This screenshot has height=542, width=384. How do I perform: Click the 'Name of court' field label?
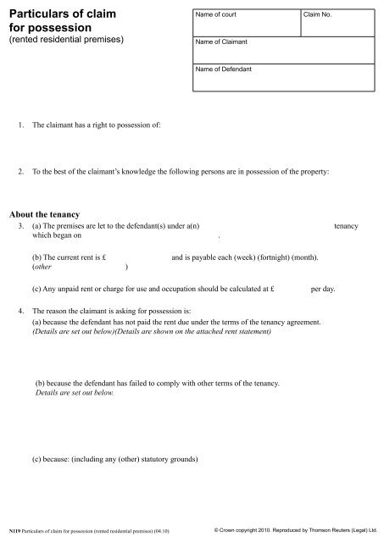[x=215, y=16]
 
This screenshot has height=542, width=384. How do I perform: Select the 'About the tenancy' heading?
[x=48, y=213]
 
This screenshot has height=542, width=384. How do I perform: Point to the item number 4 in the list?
[x=21, y=312]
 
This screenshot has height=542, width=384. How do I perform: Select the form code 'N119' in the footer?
[x=12, y=532]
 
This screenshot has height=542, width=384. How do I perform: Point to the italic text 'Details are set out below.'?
[x=74, y=394]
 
